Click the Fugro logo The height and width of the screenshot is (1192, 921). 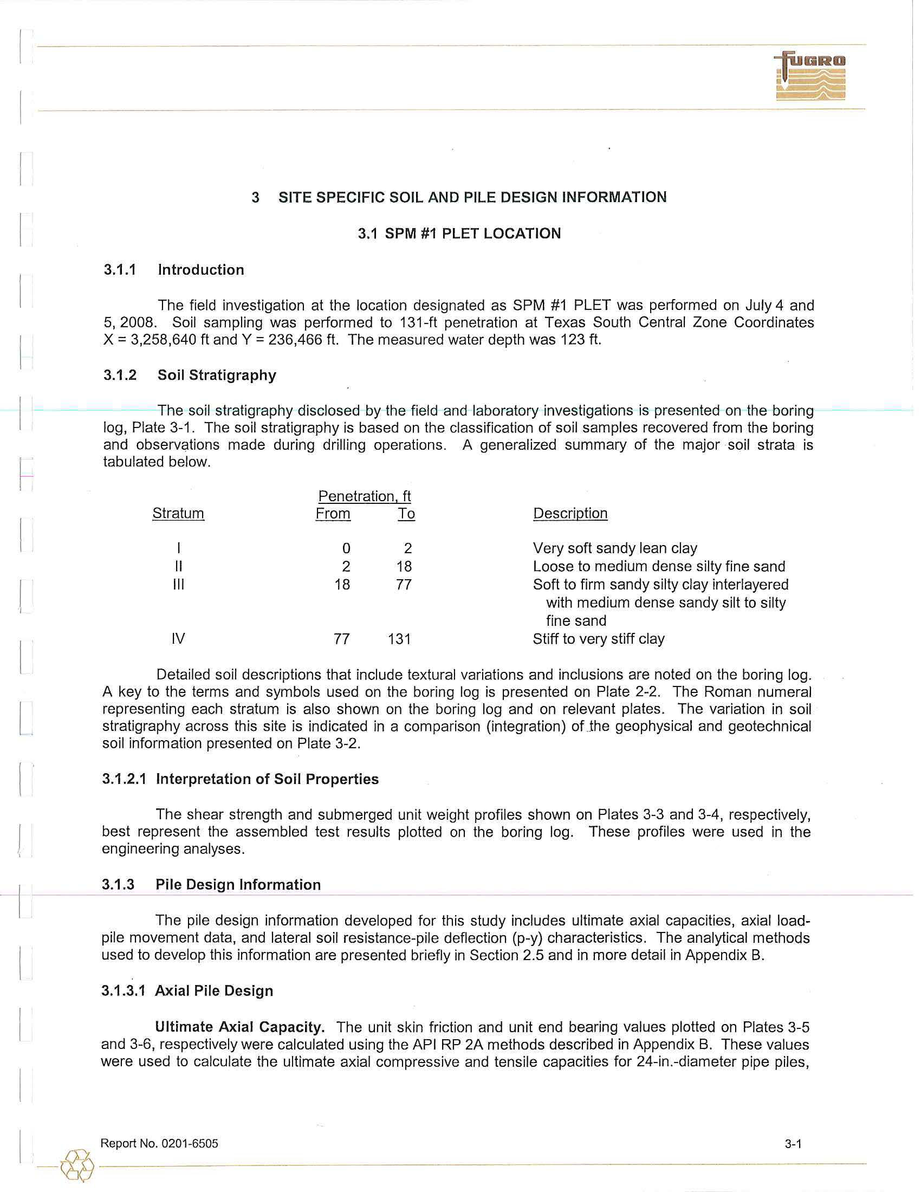pos(810,76)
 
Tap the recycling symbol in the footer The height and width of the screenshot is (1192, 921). pos(77,1166)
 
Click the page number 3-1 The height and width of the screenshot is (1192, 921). pos(793,1144)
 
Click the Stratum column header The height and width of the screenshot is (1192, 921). pos(178,514)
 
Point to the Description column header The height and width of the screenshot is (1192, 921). pos(570,514)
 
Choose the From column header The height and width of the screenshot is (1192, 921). pos(333,514)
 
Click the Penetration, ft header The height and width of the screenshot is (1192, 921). pos(365,496)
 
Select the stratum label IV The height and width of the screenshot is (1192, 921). pos(178,639)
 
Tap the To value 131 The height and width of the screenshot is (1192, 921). pos(399,639)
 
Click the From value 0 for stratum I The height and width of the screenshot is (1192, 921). pos(346,548)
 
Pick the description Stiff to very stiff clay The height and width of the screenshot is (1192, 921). pos(599,639)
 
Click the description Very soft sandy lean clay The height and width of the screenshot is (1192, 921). pos(615,548)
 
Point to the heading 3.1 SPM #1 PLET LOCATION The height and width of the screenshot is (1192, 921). pos(459,234)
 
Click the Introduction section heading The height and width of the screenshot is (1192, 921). pos(201,270)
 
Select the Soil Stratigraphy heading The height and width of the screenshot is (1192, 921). pos(217,375)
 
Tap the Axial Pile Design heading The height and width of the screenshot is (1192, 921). pos(214,990)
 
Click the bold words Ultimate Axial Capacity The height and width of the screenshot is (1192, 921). pos(240,1027)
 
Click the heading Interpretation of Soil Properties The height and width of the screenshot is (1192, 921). pos(267,779)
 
